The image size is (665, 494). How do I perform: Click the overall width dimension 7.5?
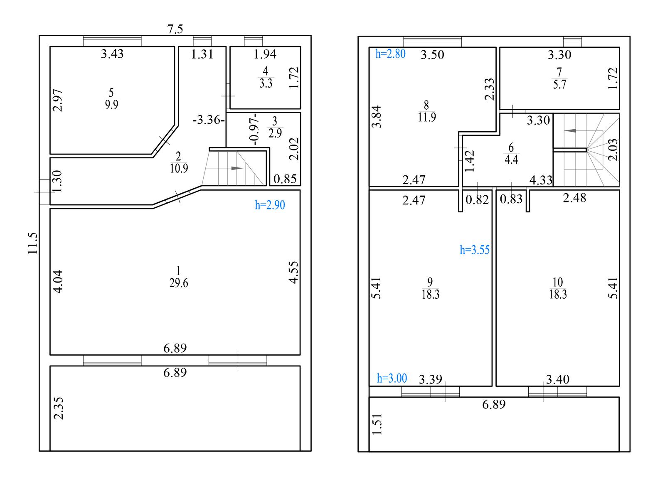click(175, 29)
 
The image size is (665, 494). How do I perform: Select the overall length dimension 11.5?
click(33, 243)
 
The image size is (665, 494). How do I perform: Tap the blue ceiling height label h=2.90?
click(270, 205)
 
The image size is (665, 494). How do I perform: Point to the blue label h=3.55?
click(475, 250)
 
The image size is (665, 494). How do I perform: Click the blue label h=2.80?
click(390, 54)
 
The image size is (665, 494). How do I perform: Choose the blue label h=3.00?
click(392, 378)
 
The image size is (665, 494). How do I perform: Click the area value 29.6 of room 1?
click(179, 283)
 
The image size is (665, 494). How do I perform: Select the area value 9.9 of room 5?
click(111, 105)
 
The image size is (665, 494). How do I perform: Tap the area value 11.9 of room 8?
click(427, 117)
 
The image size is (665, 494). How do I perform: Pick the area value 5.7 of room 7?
click(559, 85)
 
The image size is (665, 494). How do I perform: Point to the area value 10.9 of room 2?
click(179, 168)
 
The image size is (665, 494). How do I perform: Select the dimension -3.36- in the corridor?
click(209, 120)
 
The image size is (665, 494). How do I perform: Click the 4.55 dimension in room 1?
click(294, 272)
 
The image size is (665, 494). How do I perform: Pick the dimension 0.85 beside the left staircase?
click(285, 179)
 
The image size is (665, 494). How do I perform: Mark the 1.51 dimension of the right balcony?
click(377, 424)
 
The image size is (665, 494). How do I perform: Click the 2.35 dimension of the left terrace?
click(58, 408)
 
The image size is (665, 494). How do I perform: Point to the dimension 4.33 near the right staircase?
click(541, 180)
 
